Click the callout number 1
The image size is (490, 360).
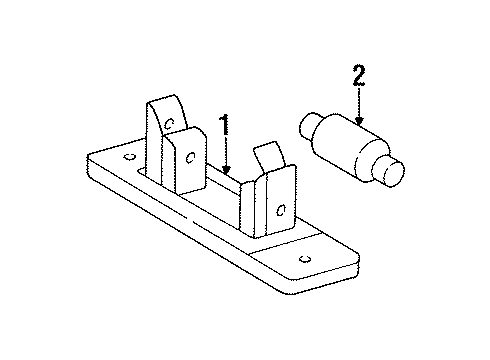225,124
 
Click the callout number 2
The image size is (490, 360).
359,75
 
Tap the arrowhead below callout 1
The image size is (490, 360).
226,170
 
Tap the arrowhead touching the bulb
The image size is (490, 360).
359,120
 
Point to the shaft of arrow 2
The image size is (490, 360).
359,101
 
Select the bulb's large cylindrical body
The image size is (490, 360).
350,147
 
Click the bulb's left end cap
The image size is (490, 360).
308,126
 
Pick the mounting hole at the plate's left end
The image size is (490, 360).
129,157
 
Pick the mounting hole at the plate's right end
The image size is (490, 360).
305,259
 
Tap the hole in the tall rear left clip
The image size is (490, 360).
170,124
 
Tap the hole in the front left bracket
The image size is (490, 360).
190,157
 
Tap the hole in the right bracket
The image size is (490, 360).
281,210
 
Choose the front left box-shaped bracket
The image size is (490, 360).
184,160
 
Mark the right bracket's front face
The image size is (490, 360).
281,202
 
